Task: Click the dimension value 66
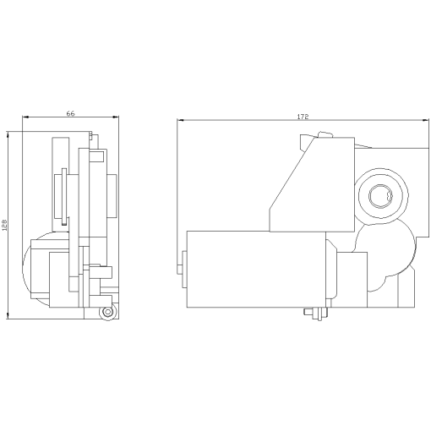[71, 113]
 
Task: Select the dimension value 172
[303, 116]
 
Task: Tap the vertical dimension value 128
[5, 226]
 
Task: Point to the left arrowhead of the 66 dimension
[25, 117]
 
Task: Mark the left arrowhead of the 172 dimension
[180, 121]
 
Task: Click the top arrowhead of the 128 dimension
[9, 134]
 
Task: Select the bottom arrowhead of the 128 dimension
[9, 319]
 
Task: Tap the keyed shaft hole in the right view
[379, 196]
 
